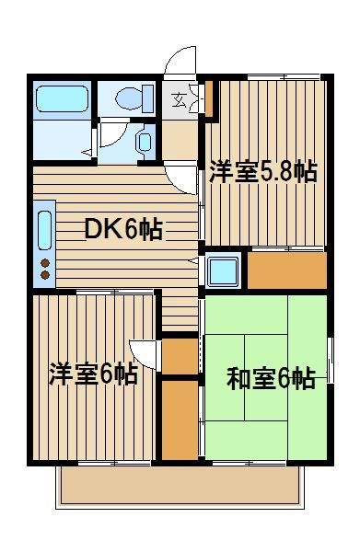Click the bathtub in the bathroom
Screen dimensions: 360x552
62,98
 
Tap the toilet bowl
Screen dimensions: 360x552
130,98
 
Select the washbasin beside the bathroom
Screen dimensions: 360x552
145,141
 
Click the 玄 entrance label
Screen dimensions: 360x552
179,100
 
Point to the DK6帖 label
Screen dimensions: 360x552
123,229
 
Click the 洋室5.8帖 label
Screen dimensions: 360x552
263,172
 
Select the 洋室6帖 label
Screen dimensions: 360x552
93,374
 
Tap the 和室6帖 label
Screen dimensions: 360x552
271,378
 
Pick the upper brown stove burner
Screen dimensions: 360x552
45,263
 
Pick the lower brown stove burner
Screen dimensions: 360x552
45,275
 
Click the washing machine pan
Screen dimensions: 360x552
223,270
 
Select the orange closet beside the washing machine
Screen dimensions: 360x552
287,270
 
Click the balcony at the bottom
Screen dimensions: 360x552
180,487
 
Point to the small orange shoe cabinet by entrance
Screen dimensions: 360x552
209,99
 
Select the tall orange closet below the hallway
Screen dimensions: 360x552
180,420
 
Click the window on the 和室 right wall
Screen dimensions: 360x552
330,360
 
